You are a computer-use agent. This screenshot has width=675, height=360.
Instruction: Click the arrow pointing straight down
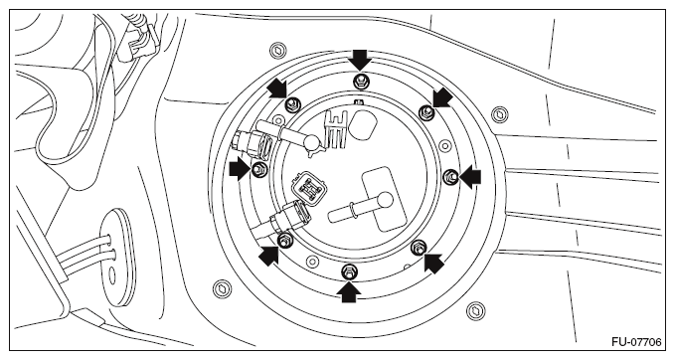[360, 60]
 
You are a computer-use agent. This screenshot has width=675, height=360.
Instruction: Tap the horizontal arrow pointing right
[239, 168]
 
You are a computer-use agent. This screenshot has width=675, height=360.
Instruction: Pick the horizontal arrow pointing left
[470, 177]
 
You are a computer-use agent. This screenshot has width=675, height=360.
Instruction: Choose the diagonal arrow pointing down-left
[442, 97]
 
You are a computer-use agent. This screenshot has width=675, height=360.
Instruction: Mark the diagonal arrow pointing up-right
[268, 256]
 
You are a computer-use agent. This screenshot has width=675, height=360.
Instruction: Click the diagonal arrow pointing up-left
[433, 263]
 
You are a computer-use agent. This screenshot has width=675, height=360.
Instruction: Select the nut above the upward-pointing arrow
[349, 271]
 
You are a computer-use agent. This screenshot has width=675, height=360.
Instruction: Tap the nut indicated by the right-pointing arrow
[258, 169]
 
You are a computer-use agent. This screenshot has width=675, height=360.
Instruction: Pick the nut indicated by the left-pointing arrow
[450, 176]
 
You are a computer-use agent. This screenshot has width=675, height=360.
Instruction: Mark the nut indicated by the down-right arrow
[292, 103]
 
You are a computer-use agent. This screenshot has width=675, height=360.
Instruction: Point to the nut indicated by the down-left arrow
[426, 111]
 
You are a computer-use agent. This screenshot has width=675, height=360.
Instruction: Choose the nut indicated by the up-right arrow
[284, 241]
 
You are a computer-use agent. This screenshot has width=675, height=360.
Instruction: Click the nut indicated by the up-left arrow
[418, 248]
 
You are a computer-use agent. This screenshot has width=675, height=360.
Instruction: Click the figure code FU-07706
[636, 342]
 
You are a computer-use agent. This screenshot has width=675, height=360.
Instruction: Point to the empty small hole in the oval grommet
[112, 276]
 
